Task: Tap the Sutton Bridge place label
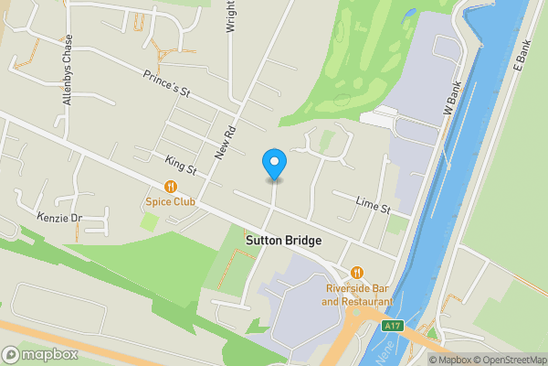point(283,241)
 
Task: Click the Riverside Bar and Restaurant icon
point(357,272)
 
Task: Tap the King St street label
point(181,165)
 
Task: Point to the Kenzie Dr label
point(59,218)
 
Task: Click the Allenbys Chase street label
point(67,73)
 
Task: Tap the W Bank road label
point(452,94)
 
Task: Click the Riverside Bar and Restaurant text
point(357,295)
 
